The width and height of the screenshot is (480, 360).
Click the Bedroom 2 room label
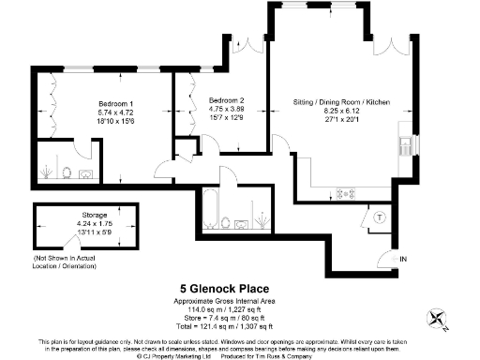[227, 100]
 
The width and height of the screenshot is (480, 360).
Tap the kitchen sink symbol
[405, 144]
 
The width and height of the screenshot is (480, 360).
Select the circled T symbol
[379, 217]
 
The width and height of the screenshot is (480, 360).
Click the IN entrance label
[403, 258]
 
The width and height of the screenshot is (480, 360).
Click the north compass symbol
[439, 319]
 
